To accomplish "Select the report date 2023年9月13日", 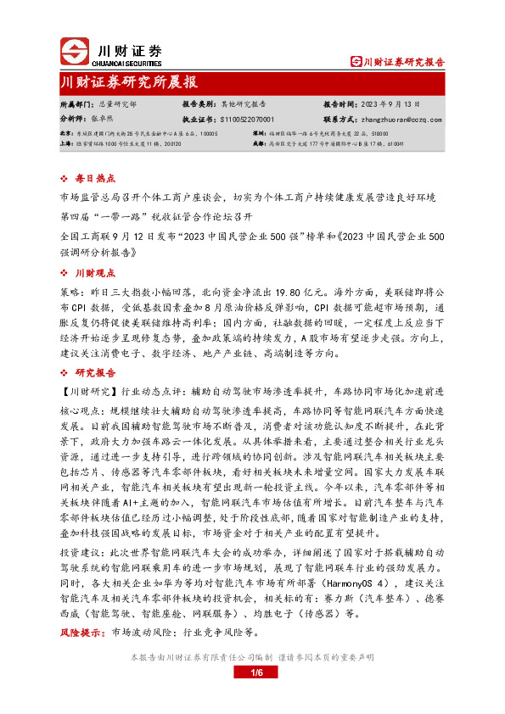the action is click(396, 103).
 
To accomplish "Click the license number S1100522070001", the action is click(244, 120).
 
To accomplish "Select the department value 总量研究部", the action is click(113, 103).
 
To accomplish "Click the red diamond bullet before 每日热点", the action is click(68, 179).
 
